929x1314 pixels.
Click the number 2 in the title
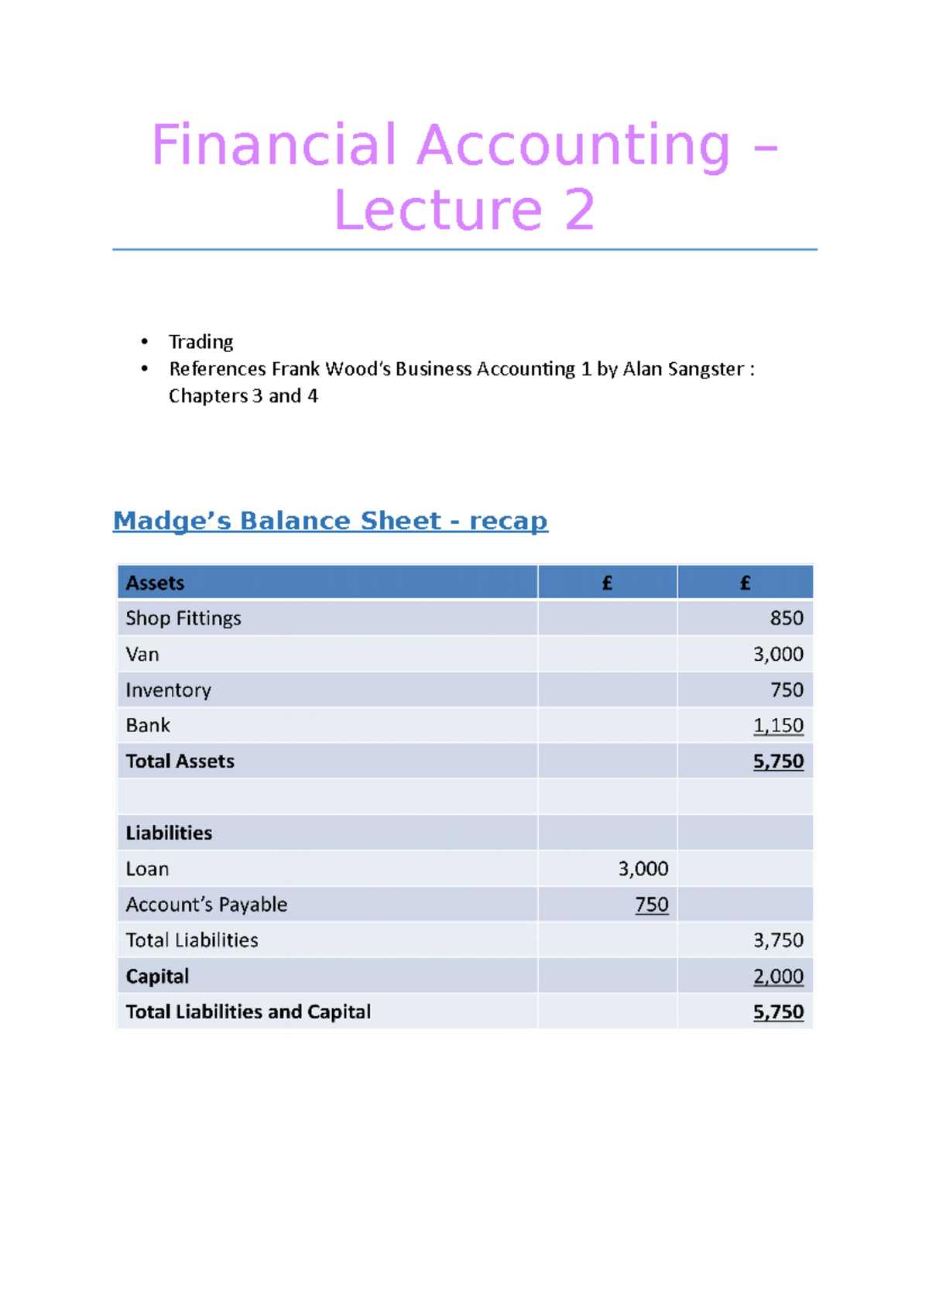click(579, 210)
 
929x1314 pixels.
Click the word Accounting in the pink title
click(573, 145)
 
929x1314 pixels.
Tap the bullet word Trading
click(201, 342)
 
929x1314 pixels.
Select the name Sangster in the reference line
click(704, 369)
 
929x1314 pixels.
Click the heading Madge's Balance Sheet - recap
click(331, 521)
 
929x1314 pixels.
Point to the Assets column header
click(155, 583)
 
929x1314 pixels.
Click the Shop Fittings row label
click(183, 618)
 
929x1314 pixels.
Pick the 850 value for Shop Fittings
click(786, 618)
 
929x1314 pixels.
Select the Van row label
click(142, 655)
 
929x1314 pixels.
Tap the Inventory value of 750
click(786, 690)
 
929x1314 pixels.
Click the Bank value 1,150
click(778, 726)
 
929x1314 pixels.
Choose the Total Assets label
click(180, 761)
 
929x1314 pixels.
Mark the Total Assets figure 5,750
click(778, 761)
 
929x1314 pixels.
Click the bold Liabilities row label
click(169, 833)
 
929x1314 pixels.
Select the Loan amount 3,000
click(643, 869)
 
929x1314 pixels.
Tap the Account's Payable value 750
click(651, 905)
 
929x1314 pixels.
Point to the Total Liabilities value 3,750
click(778, 940)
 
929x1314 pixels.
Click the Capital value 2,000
click(778, 977)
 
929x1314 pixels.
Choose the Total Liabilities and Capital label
click(248, 1012)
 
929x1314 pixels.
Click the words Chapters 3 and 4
click(243, 396)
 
